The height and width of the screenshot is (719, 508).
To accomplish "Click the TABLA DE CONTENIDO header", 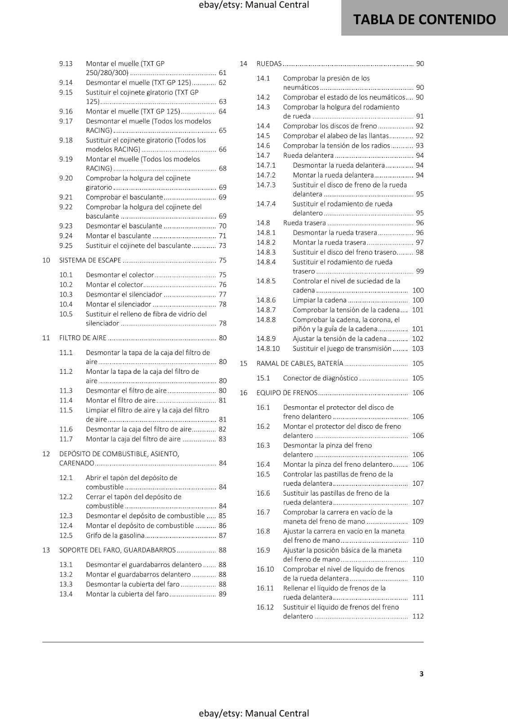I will pyautogui.click(x=424, y=19).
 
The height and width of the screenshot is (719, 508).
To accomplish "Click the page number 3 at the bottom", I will pyautogui.click(x=421, y=674).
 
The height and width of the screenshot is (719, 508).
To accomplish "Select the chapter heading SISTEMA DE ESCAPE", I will pyautogui.click(x=90, y=260).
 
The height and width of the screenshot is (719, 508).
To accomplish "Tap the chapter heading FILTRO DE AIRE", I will pyautogui.click(x=83, y=338).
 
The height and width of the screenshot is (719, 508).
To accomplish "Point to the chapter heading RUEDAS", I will pyautogui.click(x=269, y=64).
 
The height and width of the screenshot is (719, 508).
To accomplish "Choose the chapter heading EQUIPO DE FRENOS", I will pyautogui.click(x=287, y=393).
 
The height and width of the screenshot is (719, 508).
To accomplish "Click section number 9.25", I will pyautogui.click(x=66, y=246).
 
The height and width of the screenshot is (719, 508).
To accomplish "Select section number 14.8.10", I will pyautogui.click(x=268, y=349).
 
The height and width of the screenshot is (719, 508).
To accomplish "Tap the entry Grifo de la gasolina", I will pyautogui.click(x=115, y=536).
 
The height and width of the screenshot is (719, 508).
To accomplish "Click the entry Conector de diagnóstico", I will pyautogui.click(x=321, y=378).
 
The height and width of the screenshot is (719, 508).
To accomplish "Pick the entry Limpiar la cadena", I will pyautogui.click(x=320, y=300).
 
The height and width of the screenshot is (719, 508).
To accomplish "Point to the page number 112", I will pyautogui.click(x=418, y=617).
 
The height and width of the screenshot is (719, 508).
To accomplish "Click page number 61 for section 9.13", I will pyautogui.click(x=223, y=73).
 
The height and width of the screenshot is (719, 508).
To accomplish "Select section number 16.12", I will pyautogui.click(x=265, y=607).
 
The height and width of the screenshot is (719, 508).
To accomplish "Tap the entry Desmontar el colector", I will pyautogui.click(x=120, y=275).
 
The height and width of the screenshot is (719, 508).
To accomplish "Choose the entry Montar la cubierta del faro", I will pyautogui.click(x=127, y=594).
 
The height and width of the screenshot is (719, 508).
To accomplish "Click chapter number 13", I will pyautogui.click(x=46, y=550).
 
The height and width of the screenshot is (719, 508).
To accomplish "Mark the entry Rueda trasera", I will pyautogui.click(x=304, y=223).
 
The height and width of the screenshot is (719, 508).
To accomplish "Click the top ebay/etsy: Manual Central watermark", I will pyautogui.click(x=254, y=5).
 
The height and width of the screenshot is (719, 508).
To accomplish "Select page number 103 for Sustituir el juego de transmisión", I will pyautogui.click(x=418, y=349).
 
